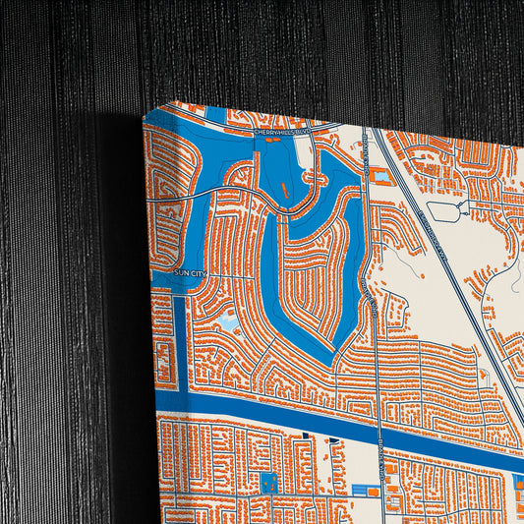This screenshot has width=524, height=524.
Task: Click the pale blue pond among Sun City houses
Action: click(227, 320)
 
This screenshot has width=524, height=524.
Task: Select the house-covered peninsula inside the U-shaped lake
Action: click(311, 276)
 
